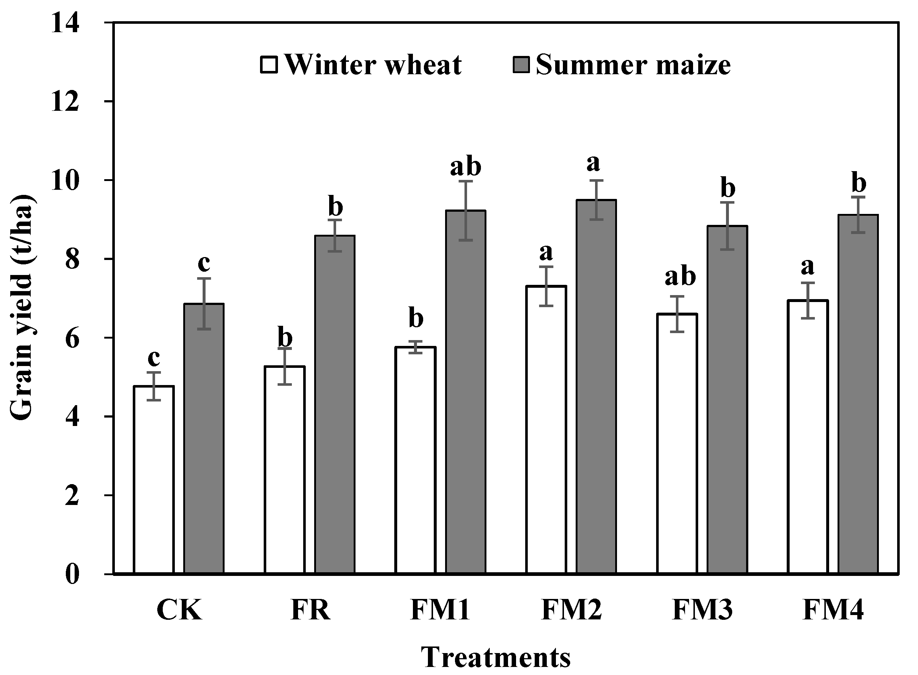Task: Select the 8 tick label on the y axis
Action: click(x=72, y=259)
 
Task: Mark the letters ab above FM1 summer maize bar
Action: click(x=466, y=167)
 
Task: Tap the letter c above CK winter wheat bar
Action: click(x=154, y=358)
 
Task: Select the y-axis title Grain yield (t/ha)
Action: click(x=21, y=306)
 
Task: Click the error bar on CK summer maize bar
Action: click(x=204, y=303)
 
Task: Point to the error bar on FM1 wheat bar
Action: click(x=416, y=347)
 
